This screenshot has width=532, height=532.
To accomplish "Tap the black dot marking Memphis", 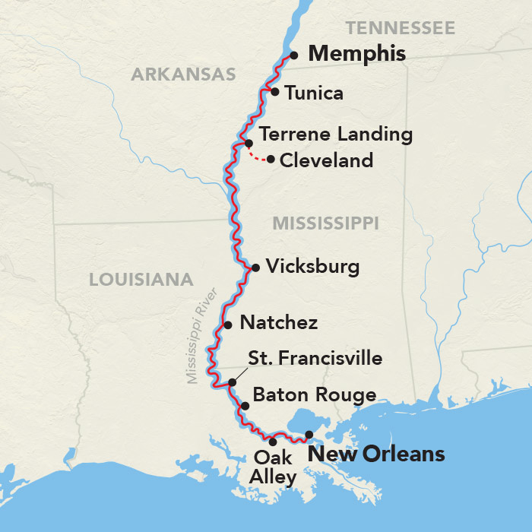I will pos(293,55).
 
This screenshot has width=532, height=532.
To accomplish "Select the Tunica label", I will pos(314,93).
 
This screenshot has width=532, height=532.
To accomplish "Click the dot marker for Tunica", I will pos(275,92).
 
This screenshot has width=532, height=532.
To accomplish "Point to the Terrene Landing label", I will pos(335,135).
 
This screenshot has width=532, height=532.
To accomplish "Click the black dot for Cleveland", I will pos(271,159).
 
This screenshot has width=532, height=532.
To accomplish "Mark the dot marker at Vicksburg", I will pos(255,268).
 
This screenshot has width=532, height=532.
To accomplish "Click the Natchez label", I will pos(278,323).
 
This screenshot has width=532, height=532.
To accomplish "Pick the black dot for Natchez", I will pos(227,325).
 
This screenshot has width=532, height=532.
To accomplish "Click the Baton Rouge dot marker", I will pos(245,406).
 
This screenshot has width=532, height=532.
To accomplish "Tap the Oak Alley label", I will pos(274,467).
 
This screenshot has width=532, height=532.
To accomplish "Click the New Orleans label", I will pos(375,454).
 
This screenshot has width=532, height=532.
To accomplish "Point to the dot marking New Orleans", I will pos(309,435).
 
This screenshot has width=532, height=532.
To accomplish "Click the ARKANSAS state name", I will pos(183,74).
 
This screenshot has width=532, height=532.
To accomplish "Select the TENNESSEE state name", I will pos(400,29).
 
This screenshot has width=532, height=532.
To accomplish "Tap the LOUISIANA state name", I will pos(141,280).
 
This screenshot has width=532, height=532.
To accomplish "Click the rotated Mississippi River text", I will pos(202,335).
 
